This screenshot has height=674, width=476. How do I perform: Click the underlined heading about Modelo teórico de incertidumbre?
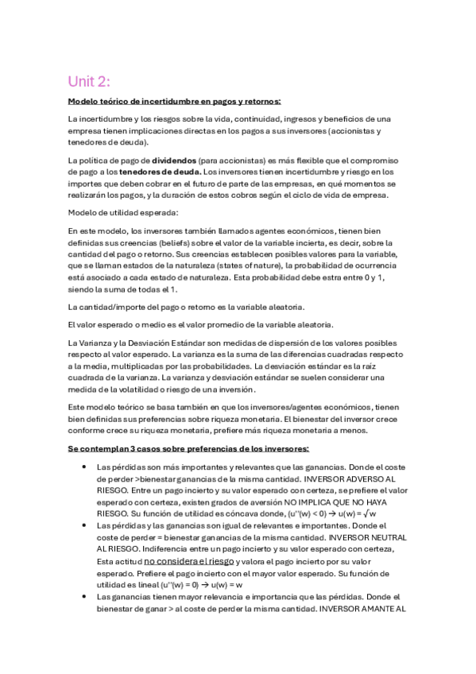(x=174, y=102)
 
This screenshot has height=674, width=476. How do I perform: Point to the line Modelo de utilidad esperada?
(x=123, y=212)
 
